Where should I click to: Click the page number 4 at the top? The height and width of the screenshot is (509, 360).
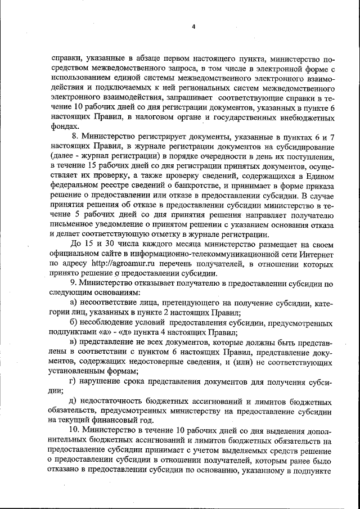(193, 26)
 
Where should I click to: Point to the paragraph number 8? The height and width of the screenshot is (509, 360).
(75, 137)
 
